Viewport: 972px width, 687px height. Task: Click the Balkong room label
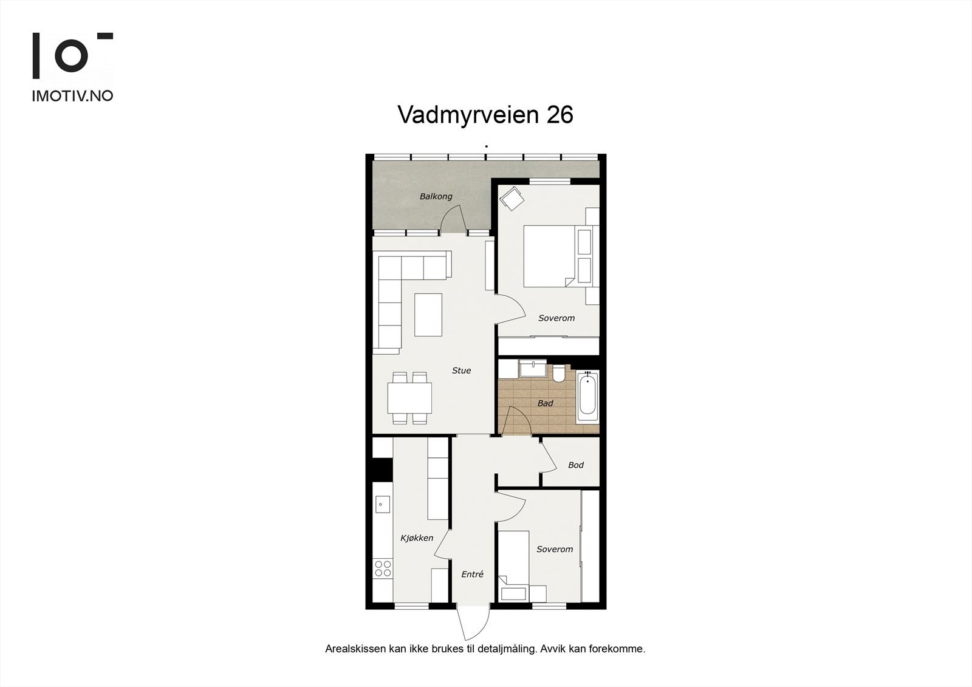pos(436,197)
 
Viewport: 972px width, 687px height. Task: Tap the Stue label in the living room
pos(461,371)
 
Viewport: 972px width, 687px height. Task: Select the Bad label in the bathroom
pos(545,403)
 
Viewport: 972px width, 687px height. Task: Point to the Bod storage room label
pos(575,465)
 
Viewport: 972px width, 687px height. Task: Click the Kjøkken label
pos(417,538)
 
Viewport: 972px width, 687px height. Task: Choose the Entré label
pos(472,574)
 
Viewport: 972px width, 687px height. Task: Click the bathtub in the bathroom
pos(587,397)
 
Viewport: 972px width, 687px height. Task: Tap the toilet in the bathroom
pos(560,373)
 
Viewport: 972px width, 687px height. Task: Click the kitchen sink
pos(382,504)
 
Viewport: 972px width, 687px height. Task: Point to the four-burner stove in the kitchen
pos(383,568)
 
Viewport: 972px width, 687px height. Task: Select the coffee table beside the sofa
pos(428,315)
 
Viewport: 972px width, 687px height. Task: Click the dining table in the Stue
pos(410,398)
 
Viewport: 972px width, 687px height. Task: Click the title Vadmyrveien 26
pos(485,115)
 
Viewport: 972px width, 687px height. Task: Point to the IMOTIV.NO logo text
pos(72,96)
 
